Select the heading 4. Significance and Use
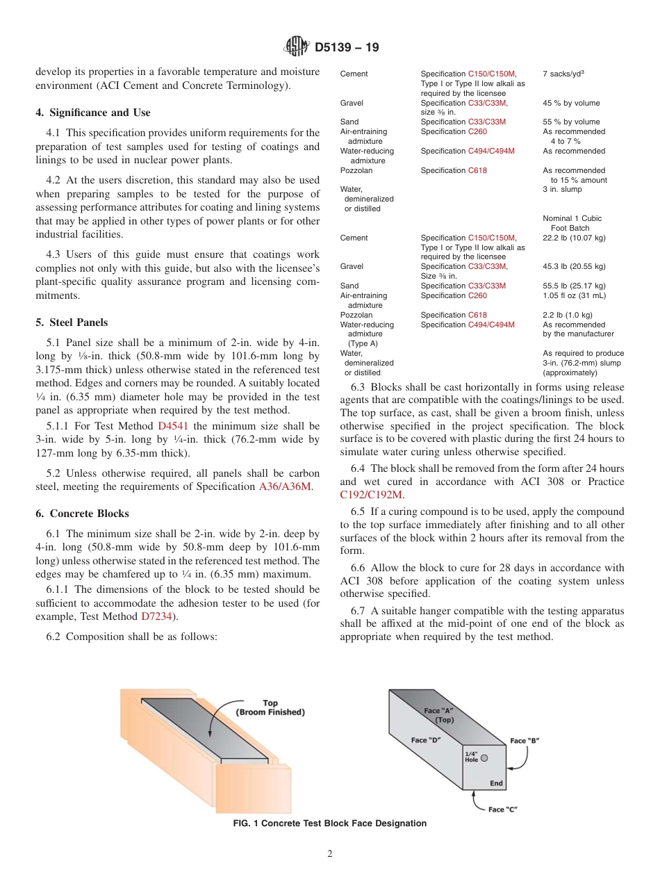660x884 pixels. [92, 113]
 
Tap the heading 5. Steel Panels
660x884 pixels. [72, 322]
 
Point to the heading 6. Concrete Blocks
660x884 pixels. [82, 514]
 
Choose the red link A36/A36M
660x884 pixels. [286, 487]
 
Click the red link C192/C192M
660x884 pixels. [371, 495]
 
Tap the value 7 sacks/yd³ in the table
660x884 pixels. [565, 74]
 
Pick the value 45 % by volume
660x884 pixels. [571, 103]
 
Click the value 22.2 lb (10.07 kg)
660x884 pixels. [574, 238]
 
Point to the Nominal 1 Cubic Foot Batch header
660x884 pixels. [572, 223]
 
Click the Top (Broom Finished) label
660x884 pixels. [270, 707]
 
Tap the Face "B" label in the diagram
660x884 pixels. [525, 741]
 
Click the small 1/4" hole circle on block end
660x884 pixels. [484, 758]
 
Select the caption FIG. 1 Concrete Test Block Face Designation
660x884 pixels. [330, 824]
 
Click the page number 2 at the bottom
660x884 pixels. [330, 854]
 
